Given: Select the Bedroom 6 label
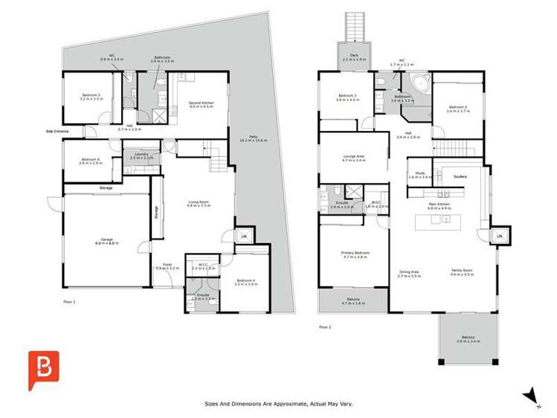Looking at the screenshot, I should (90, 161).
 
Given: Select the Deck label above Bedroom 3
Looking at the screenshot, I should (355, 57).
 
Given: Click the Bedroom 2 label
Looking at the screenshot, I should (457, 109).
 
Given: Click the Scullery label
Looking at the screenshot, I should (460, 176).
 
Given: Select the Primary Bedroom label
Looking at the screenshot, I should (355, 254).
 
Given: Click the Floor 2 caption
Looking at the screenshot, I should (324, 327).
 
